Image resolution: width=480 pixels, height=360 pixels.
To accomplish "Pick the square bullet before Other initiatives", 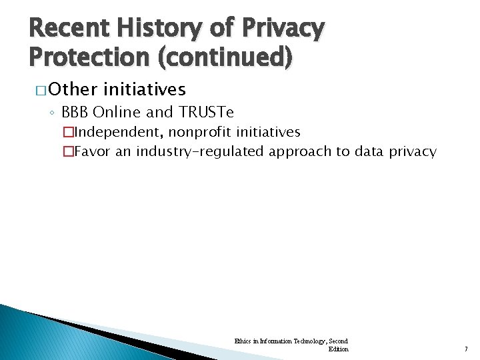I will (x=39, y=89).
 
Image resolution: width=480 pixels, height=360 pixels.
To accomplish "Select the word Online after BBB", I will (x=117, y=111).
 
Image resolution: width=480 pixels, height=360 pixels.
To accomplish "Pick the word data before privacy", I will (x=368, y=151).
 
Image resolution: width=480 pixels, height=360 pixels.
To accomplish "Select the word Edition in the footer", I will (x=338, y=349).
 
